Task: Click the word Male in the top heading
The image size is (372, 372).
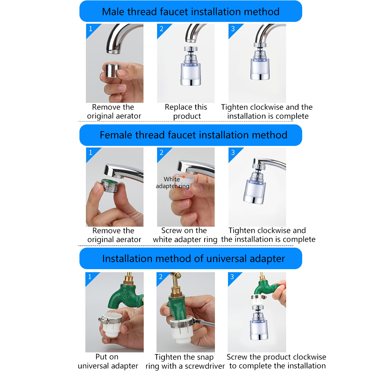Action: tap(113, 12)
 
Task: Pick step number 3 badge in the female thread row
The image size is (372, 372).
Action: tap(233, 153)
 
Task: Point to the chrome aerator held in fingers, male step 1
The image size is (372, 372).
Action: tap(112, 71)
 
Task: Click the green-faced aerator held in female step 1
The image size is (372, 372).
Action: tap(110, 185)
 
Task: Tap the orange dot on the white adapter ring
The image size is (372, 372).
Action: tap(184, 177)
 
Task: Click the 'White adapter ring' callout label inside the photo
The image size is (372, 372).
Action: tap(173, 182)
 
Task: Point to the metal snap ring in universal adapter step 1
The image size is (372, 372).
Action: tap(110, 320)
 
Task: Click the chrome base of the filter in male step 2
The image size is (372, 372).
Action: tap(190, 82)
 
